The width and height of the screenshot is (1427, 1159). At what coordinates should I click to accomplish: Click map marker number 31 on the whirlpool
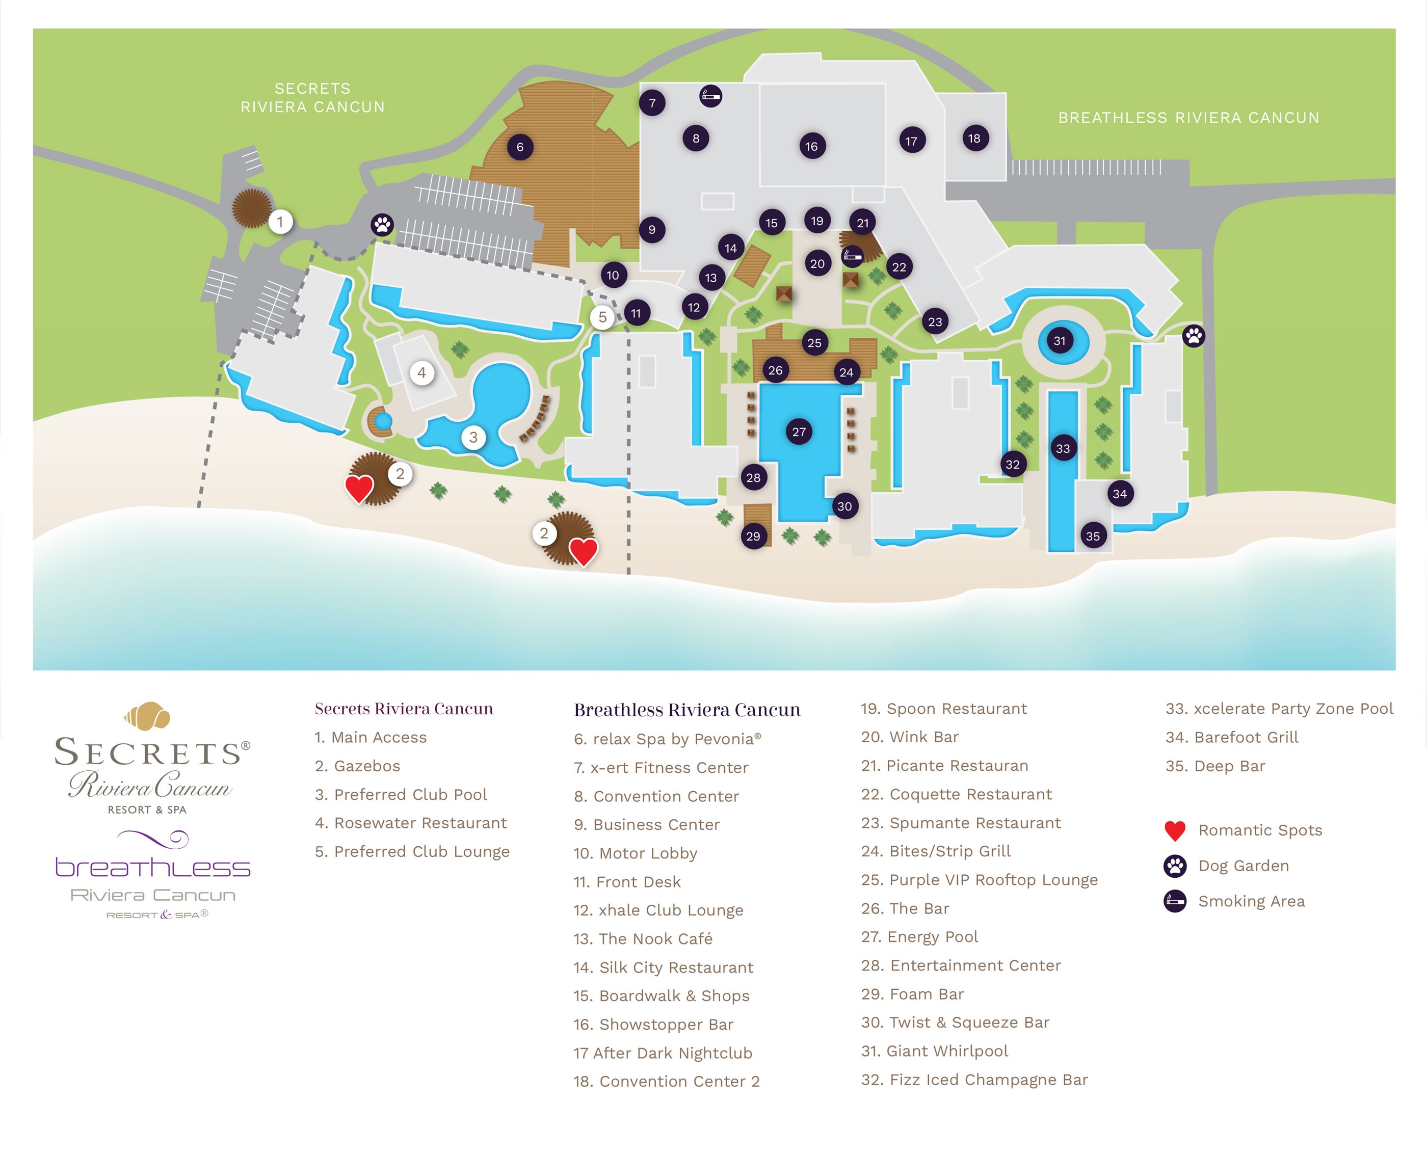coord(1060,341)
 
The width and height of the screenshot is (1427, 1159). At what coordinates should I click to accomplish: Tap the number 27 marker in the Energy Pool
coord(799,432)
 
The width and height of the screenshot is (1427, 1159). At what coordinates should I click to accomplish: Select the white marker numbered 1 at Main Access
coord(280,222)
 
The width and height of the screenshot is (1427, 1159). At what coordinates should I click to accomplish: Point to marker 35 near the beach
coord(1093,536)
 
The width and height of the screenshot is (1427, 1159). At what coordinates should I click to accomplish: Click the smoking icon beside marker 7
coord(710,96)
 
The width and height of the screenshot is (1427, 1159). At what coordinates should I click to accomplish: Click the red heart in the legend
coord(1175,830)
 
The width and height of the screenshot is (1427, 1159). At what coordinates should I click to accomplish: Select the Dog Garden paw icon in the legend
coord(1175,866)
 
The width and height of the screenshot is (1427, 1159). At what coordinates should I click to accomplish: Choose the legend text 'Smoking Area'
coord(1251,901)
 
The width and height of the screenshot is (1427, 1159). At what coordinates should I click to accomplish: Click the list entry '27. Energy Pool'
coord(919,937)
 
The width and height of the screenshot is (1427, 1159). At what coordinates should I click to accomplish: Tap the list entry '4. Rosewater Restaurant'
coord(411,823)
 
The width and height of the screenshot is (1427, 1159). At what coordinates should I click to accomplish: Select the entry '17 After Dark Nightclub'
coord(663,1053)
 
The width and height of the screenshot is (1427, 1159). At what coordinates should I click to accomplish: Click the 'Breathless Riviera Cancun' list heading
coord(687,710)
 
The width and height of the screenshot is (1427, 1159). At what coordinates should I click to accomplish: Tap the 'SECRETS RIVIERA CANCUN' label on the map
coord(312,97)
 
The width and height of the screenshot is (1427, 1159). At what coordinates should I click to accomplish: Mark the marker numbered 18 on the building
coord(974,138)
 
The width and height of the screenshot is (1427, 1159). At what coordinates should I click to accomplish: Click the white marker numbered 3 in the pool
coord(473,437)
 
